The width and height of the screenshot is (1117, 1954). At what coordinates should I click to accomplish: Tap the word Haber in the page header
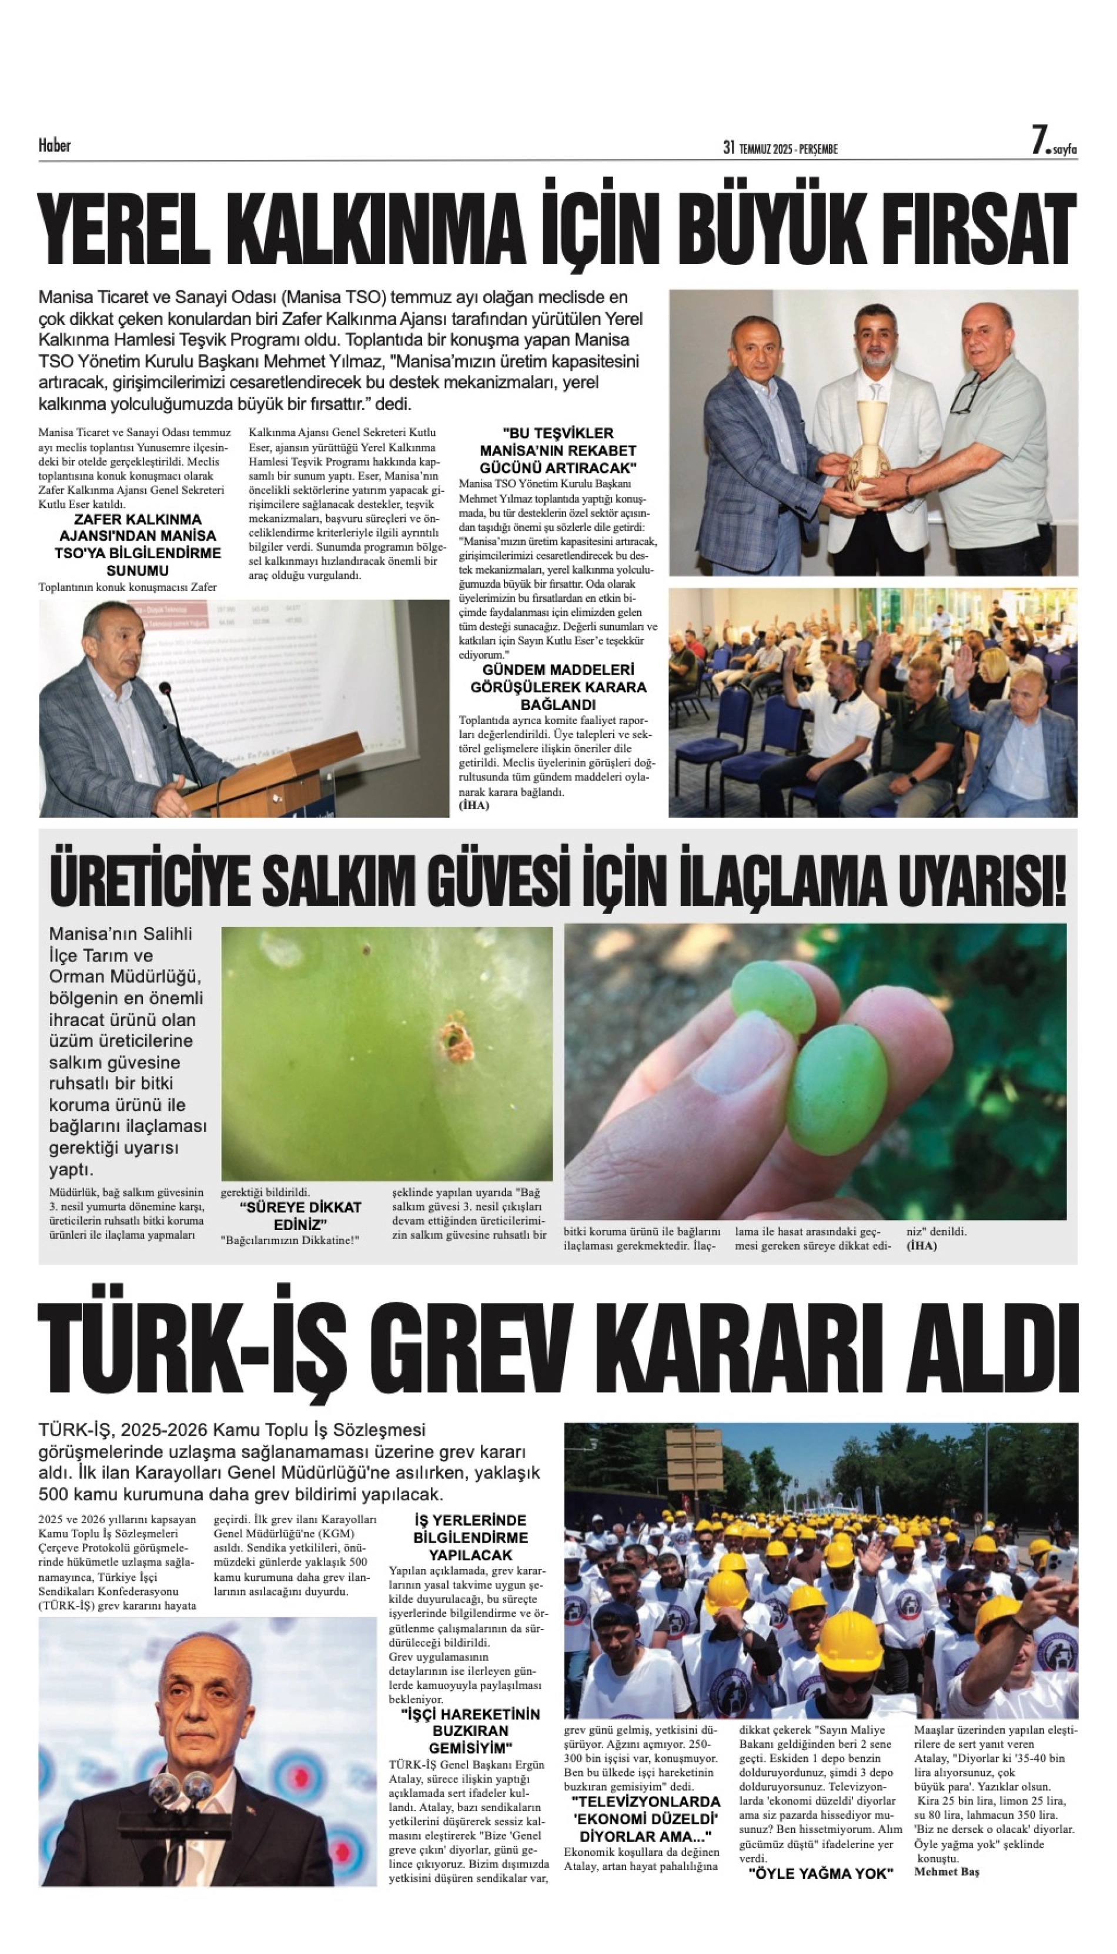coord(55,146)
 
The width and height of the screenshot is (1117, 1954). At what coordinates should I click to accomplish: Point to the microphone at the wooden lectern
coord(164,689)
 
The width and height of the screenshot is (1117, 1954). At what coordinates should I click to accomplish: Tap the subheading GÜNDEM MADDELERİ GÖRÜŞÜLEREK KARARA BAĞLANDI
coord(558,687)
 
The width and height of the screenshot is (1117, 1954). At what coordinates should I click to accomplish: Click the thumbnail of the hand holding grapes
coord(815,1071)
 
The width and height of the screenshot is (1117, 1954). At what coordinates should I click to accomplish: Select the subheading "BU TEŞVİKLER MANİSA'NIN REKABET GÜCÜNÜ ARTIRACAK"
coord(558,450)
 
